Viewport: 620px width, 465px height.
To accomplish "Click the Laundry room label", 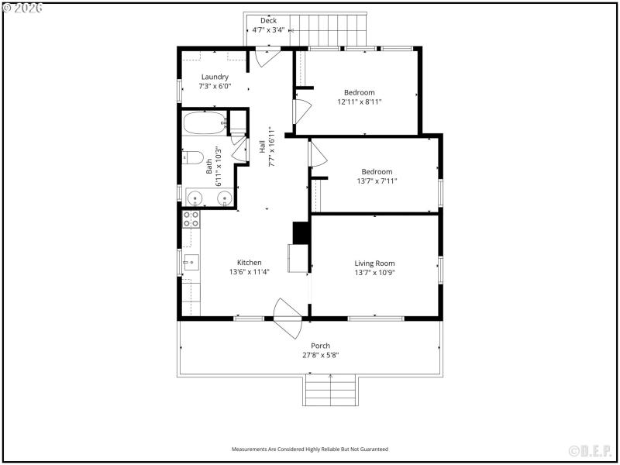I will (215, 77).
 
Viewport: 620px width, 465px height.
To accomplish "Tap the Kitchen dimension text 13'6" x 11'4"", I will (249, 272).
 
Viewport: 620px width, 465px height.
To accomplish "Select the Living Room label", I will (374, 263).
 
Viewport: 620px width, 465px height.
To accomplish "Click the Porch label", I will (320, 346).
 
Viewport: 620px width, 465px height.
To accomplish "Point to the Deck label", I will (268, 21).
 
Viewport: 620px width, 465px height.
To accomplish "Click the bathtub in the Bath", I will (204, 122).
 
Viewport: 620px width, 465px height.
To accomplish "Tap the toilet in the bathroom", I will (193, 158).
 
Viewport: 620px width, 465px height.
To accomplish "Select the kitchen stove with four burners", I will (191, 219).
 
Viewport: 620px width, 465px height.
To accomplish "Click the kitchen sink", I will (191, 263).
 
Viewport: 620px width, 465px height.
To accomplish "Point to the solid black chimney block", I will (301, 233).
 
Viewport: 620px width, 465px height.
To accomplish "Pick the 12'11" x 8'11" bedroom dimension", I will (359, 102).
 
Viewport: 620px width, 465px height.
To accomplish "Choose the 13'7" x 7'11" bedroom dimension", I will (376, 181).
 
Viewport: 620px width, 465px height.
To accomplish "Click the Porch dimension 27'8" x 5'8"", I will (320, 355).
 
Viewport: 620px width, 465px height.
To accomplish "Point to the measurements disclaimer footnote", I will (310, 449).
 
